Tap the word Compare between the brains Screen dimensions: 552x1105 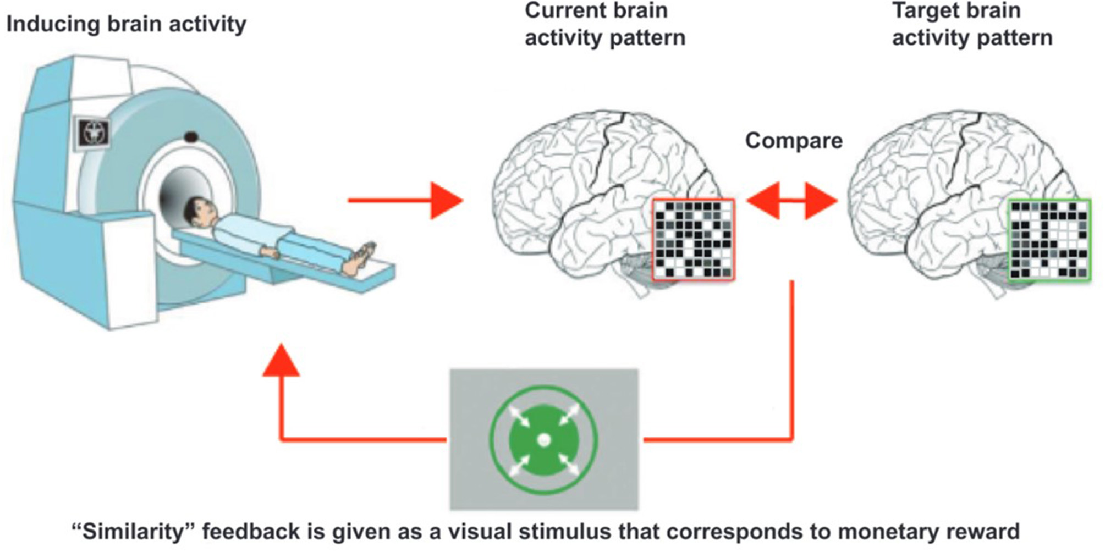click(793, 141)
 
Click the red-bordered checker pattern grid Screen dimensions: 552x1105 click(693, 240)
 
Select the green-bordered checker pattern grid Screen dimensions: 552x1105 click(1049, 240)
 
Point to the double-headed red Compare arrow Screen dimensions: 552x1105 click(792, 201)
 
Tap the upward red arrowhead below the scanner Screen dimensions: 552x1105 click(281, 361)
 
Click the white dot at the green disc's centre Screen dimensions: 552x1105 click(543, 440)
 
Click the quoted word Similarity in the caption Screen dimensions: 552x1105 click(134, 532)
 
